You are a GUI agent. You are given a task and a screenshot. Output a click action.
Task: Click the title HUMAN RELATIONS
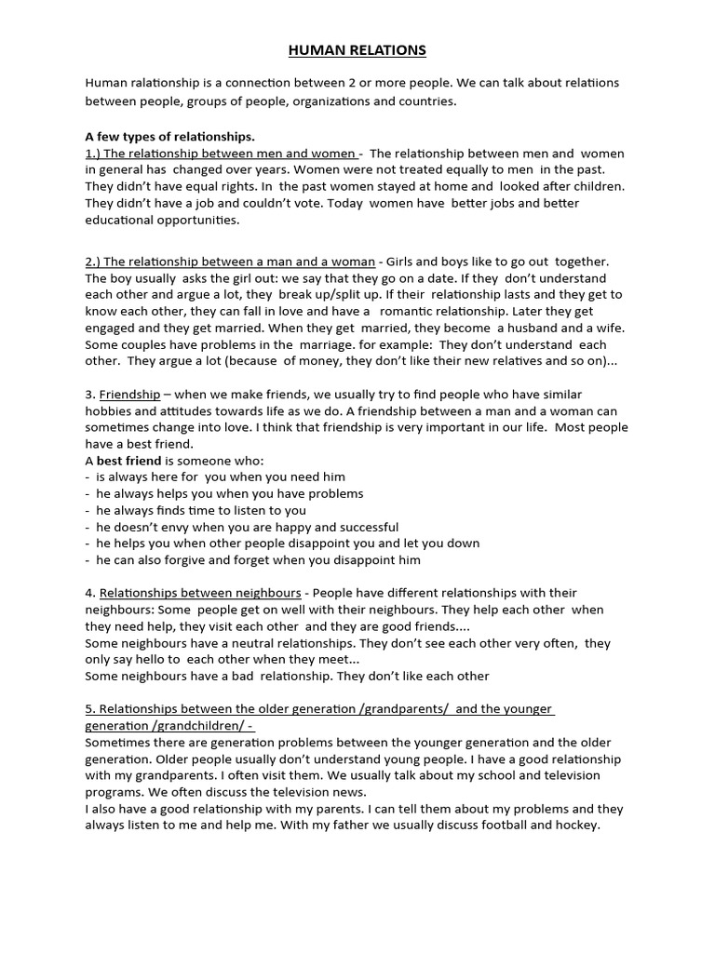tap(357, 50)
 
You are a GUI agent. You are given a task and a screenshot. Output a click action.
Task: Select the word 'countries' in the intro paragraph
tap(428, 101)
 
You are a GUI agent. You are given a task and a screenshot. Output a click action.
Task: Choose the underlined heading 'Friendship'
tap(129, 395)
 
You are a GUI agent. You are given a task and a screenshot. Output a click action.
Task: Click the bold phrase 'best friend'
tap(129, 461)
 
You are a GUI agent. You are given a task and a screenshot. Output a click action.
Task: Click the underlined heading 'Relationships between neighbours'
tap(200, 593)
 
